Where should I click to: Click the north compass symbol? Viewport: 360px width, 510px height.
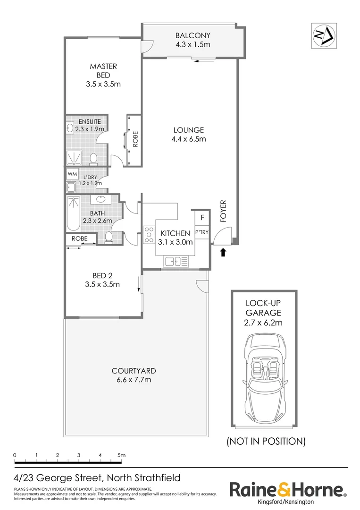[325, 35]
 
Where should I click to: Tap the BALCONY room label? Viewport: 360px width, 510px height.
[193, 35]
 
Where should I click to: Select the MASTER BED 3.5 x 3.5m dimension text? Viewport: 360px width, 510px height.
[103, 85]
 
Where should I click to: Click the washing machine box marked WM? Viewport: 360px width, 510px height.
[72, 174]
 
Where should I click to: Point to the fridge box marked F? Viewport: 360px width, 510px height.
[202, 218]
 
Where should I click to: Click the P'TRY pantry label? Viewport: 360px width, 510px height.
[202, 232]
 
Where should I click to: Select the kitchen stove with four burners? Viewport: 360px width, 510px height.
[150, 234]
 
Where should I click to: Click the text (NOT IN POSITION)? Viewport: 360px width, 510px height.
[266, 442]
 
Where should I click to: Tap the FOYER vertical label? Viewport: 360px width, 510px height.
[224, 211]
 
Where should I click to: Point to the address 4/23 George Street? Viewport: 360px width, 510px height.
[97, 477]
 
